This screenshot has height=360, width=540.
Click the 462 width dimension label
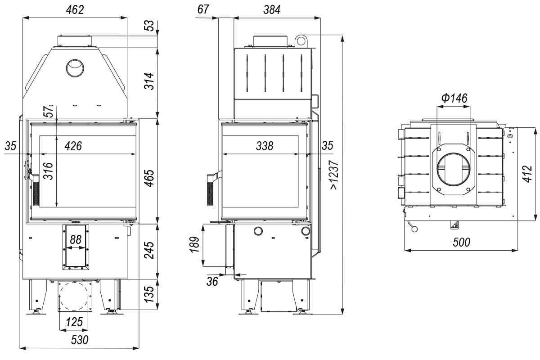(75, 10)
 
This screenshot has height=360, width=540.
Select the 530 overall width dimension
(80, 340)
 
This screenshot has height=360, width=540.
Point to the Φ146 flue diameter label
(454, 98)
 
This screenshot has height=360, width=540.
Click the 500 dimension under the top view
(461, 242)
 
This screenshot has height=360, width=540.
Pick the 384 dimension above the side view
(272, 10)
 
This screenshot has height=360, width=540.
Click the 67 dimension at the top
(204, 10)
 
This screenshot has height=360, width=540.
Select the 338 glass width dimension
(264, 146)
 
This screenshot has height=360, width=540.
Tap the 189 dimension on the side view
(194, 245)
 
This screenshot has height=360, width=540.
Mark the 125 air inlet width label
(74, 322)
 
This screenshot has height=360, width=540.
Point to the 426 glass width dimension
(73, 146)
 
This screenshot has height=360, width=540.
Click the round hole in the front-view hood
(75, 68)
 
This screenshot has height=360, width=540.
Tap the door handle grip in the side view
(210, 189)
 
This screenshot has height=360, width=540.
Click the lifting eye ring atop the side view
(301, 41)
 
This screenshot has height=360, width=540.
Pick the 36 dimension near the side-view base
(212, 281)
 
